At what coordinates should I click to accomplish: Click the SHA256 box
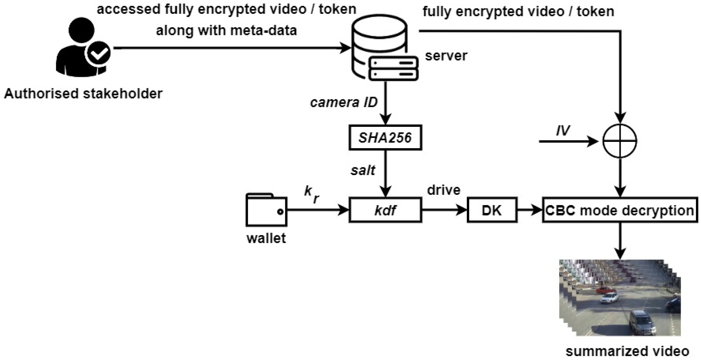(385, 138)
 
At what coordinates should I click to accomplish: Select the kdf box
(385, 210)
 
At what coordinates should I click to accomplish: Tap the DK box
(492, 210)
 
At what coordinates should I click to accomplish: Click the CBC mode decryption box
(620, 210)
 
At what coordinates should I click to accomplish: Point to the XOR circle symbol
(620, 141)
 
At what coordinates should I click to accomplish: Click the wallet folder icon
(266, 210)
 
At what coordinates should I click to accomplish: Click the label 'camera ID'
(344, 103)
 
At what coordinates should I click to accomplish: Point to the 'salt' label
(363, 171)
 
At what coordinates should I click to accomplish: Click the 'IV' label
(563, 131)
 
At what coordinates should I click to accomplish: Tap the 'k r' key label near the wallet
(311, 194)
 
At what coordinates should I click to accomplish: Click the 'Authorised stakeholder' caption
(83, 94)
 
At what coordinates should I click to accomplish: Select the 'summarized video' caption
(627, 351)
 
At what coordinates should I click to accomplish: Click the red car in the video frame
(605, 290)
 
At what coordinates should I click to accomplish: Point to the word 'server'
(446, 56)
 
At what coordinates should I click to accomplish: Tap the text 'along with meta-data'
(226, 31)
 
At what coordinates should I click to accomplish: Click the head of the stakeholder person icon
(81, 30)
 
